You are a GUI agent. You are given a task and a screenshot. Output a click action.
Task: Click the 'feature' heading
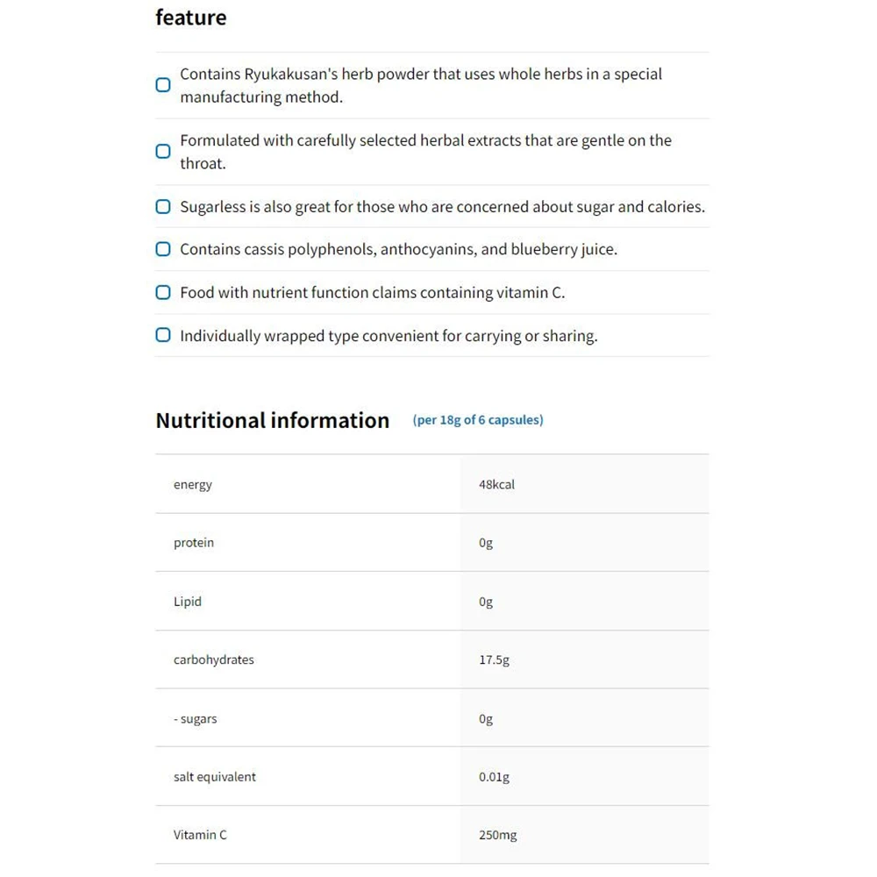point(190,18)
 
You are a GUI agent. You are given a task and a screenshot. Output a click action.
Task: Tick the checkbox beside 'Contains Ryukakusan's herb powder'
point(163,85)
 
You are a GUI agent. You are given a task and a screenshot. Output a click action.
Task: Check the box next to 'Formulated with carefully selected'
point(163,151)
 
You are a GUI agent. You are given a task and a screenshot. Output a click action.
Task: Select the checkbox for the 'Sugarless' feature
point(163,207)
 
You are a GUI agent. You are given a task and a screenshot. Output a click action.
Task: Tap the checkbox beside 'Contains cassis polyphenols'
point(163,249)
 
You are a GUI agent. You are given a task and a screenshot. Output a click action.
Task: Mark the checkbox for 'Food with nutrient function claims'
point(163,292)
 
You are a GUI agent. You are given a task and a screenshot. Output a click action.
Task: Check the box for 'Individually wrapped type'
point(163,335)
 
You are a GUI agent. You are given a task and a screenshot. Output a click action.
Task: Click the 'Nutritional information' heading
point(272,420)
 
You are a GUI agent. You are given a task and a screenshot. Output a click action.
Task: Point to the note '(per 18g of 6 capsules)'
point(478,420)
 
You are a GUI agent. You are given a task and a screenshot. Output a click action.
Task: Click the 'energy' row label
point(193,484)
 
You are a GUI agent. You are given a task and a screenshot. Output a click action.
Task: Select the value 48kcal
point(496,484)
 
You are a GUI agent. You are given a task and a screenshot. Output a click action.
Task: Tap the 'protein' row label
point(194,543)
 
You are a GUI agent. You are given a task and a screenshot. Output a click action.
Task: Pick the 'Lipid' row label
point(188,602)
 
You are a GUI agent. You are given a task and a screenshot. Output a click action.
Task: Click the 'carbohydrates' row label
point(214,660)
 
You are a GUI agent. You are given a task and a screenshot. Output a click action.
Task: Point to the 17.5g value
point(494,660)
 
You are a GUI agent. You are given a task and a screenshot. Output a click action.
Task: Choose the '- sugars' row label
point(196,718)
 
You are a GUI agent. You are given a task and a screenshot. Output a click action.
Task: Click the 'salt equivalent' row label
point(215,777)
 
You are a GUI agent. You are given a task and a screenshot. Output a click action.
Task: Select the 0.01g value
point(494,777)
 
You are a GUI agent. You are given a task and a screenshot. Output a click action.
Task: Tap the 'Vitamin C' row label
point(200,835)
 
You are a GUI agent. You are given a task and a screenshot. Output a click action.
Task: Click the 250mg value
point(497,835)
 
